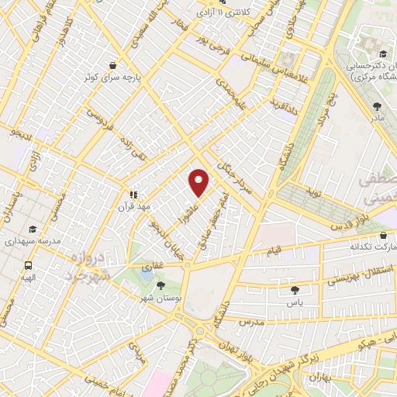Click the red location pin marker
(199, 182)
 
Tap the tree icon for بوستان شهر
(161, 285)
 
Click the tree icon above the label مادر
(377, 106)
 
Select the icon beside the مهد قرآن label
(133, 195)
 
